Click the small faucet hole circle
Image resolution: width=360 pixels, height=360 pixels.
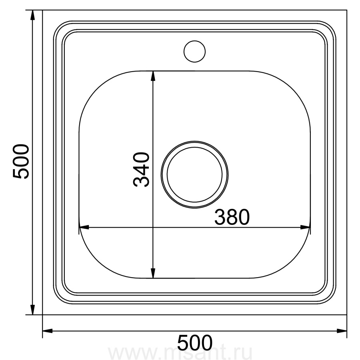194,41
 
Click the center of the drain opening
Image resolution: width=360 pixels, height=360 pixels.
194,174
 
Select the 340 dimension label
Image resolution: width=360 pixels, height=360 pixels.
141,170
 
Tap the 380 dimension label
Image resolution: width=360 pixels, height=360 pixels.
232,217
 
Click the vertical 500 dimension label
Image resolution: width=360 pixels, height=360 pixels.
21,161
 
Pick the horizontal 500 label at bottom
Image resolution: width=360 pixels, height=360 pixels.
195,342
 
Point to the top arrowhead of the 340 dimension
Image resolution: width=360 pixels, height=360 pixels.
153,76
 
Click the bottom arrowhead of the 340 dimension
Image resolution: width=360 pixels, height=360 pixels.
153,273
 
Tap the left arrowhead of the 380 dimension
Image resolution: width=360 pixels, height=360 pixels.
84,227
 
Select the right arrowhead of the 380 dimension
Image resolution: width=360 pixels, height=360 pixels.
305,227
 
